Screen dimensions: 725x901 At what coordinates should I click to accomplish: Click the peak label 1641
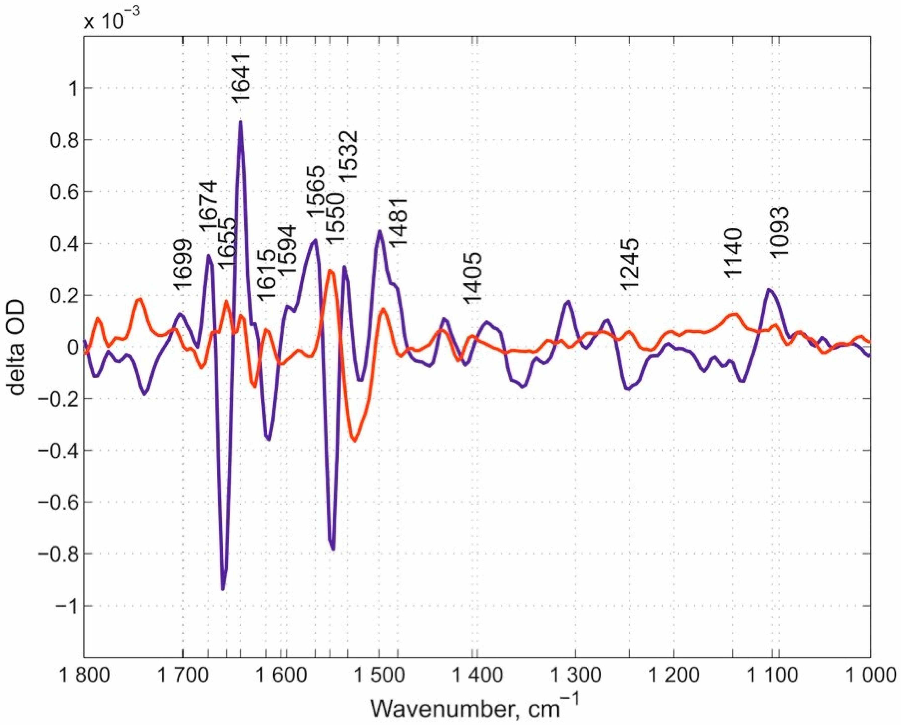[x=241, y=78]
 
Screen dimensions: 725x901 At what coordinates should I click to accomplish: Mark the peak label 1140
[x=733, y=253]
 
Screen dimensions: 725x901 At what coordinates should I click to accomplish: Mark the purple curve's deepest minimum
[x=223, y=589]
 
